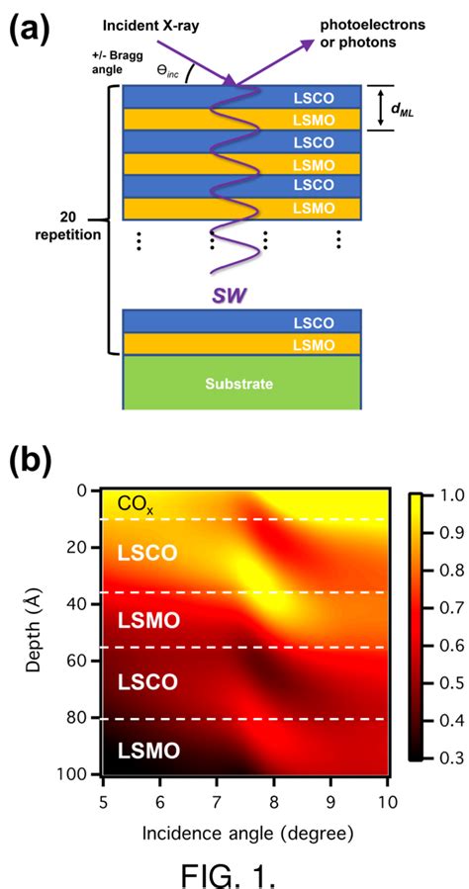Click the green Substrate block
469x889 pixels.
point(240,381)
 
